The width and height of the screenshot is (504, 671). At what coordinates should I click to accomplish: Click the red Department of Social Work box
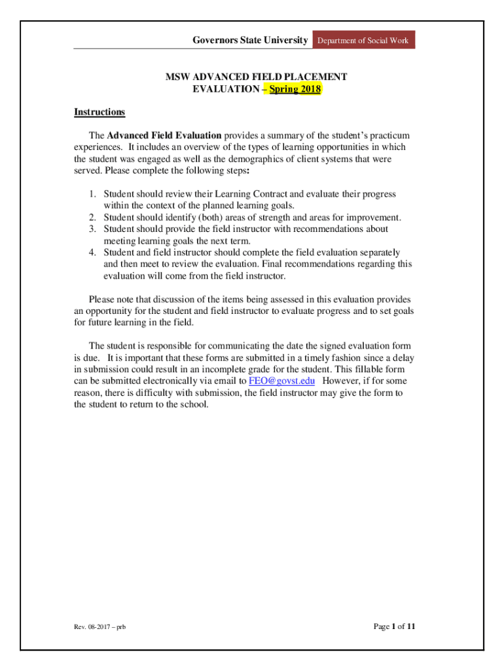[363, 41]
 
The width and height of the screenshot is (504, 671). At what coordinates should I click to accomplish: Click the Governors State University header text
[250, 41]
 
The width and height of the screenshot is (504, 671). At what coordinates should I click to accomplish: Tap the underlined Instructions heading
[99, 112]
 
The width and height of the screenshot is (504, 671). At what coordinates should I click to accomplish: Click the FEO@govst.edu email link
[282, 381]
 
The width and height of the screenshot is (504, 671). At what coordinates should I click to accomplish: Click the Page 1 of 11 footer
[394, 626]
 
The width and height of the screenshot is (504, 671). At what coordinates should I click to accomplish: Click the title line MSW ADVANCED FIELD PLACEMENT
[256, 77]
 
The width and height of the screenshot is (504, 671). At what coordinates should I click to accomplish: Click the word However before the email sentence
[344, 381]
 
